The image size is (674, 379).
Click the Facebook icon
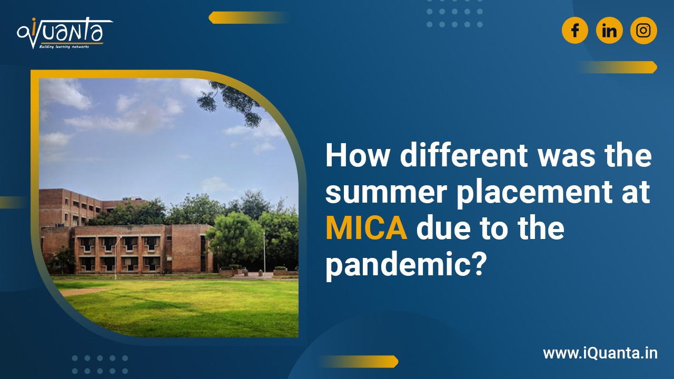[x=575, y=31]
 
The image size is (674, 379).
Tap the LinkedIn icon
[x=609, y=31]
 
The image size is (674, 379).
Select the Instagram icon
[x=643, y=31]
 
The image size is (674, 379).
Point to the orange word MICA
[x=366, y=230]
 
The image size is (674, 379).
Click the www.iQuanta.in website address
[x=600, y=353]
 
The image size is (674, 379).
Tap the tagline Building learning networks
[x=64, y=46]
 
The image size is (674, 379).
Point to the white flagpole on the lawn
[x=264, y=252]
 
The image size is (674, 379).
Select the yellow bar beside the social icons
[x=616, y=67]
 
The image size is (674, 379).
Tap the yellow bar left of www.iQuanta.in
[x=358, y=361]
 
